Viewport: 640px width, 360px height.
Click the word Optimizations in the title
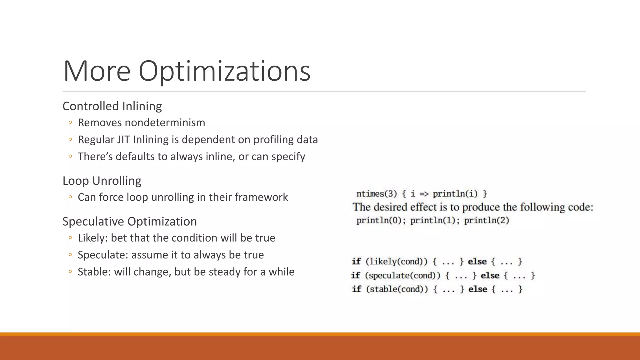point(224,71)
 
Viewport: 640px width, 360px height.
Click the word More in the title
point(97,71)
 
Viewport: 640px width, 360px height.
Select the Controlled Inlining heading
point(112,106)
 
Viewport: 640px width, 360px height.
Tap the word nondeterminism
point(165,122)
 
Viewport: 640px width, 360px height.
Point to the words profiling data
point(285,139)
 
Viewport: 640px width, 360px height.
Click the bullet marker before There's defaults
point(70,156)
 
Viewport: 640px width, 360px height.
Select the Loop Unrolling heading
point(102,181)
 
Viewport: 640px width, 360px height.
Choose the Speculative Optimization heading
point(129,222)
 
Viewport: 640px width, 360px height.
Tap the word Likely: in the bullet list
point(92,238)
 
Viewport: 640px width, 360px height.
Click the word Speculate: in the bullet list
point(103,255)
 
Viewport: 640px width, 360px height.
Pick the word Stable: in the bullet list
point(94,272)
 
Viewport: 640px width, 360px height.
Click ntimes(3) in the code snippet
point(376,194)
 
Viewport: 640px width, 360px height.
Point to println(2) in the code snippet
point(487,221)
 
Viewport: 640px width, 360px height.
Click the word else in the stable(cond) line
point(477,289)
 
